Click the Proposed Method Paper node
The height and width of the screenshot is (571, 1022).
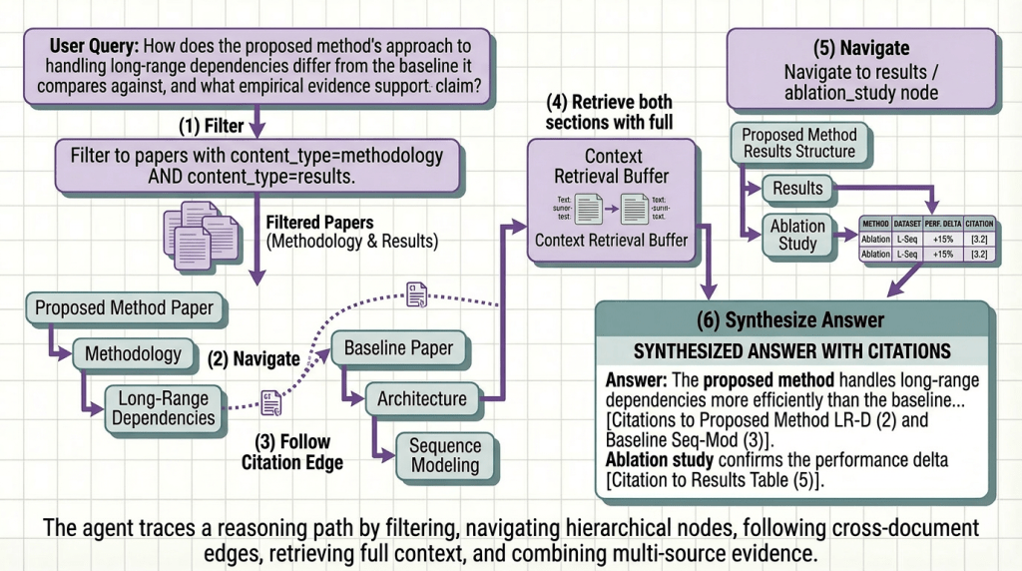coord(124,307)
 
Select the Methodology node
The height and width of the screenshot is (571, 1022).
coord(133,353)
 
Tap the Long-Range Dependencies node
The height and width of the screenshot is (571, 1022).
coord(164,407)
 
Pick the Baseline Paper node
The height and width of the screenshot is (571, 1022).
coord(398,348)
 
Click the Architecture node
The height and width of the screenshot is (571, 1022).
coord(421,398)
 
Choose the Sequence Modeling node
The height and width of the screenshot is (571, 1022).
coord(445,454)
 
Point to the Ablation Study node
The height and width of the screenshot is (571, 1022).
coord(797,234)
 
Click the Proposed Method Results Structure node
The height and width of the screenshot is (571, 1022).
coord(798,143)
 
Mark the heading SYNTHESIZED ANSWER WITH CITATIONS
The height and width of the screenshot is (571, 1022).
coord(791,351)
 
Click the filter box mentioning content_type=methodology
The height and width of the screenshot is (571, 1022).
coord(256,166)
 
